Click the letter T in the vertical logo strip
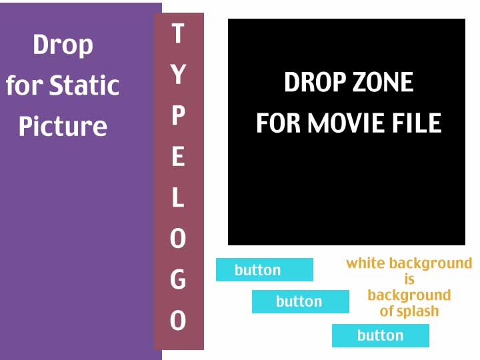[178, 33]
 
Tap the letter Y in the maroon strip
[178, 74]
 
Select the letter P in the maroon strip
[178, 115]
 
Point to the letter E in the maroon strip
[178, 156]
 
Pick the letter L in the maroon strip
[178, 197]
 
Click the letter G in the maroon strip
[178, 279]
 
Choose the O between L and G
[178, 238]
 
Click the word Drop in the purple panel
[63, 45]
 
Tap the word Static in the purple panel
[84, 85]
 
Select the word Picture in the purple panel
[63, 125]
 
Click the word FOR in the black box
[278, 123]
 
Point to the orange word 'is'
[409, 279]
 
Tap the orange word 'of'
[387, 311]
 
